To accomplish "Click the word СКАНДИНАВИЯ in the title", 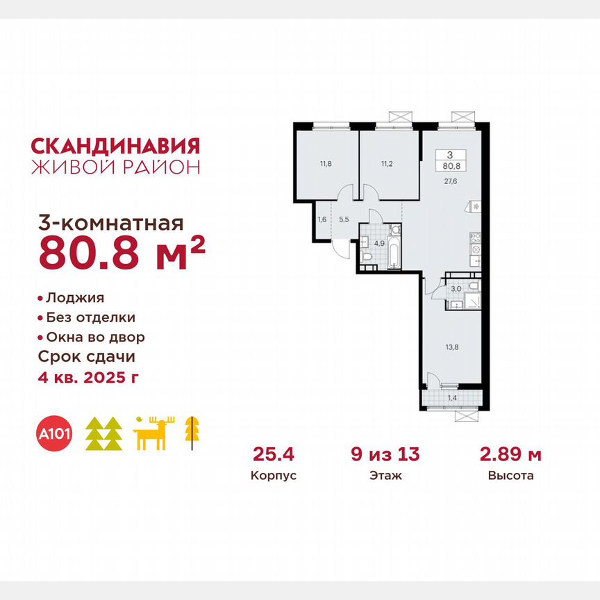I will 116,146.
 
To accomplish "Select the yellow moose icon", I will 153,434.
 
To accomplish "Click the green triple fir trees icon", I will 103,435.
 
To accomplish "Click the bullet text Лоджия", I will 74,298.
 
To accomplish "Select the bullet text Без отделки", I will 90,317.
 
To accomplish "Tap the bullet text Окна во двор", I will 95,337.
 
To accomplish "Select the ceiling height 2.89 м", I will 510,456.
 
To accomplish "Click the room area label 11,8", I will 326,164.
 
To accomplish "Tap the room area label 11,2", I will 387,164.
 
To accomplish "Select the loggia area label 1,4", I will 451,399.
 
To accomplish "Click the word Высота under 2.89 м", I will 510,476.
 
